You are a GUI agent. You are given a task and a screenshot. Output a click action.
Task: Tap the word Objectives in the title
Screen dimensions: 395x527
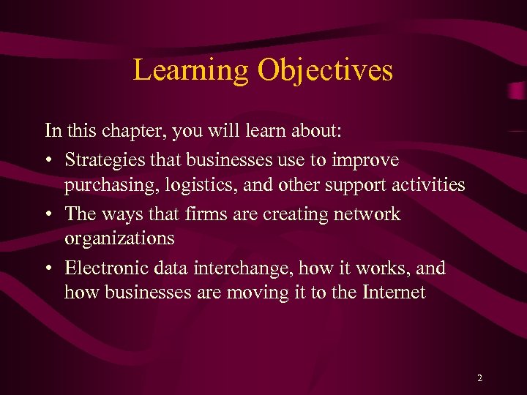[x=325, y=71]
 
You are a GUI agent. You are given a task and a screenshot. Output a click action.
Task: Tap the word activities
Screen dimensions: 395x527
[x=427, y=185]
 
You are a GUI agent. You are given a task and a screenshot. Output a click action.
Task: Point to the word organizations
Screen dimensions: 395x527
[x=119, y=239]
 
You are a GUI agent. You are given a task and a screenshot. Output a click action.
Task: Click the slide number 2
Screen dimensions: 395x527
[x=479, y=378]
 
